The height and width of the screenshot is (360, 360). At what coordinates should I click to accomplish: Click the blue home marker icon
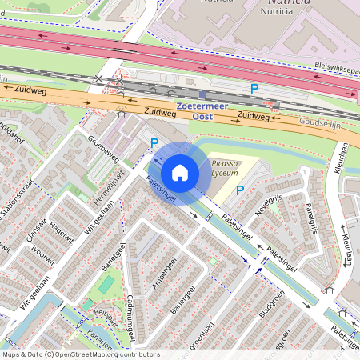pos(180,172)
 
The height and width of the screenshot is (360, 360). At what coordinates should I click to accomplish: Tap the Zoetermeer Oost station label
pos(203,109)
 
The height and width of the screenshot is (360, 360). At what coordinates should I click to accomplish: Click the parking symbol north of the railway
pos(255,89)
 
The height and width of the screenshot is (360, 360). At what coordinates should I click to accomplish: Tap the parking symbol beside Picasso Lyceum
pos(239,190)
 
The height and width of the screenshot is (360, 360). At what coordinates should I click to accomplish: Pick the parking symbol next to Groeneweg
pos(155,144)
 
